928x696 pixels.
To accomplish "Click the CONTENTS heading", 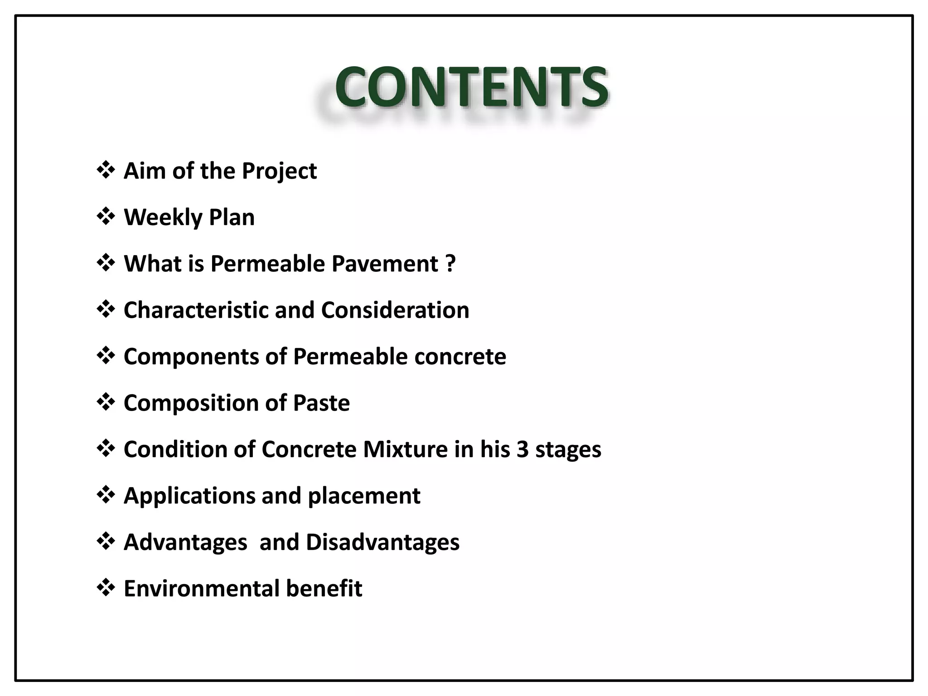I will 471,87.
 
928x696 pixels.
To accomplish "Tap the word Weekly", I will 163,217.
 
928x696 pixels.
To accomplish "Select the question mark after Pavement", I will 450,264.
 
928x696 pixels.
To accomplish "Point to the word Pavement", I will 385,264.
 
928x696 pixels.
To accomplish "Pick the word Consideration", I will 395,310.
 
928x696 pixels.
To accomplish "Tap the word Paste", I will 321,403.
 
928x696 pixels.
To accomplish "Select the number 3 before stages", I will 522,449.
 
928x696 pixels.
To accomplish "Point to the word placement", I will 364,496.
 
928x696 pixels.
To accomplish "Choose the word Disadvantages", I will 382,542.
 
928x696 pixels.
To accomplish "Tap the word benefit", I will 324,589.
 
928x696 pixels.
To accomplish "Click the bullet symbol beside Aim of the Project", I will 106,171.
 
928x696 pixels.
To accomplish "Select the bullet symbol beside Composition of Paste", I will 106,402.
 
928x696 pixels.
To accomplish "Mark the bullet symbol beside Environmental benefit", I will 106,588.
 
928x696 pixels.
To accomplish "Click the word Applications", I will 189,496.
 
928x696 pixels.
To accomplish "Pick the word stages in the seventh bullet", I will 568,449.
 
